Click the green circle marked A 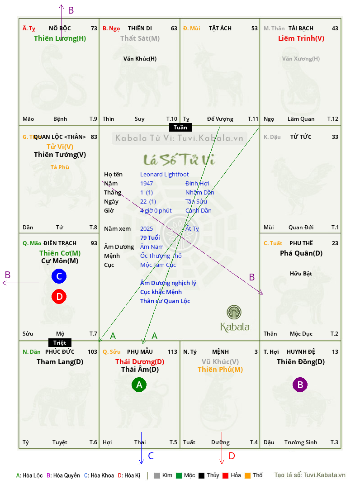[139, 384]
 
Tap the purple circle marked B [300, 384]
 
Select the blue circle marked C [59, 276]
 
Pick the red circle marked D [59, 296]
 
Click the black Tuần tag [180, 127]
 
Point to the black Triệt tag [60, 342]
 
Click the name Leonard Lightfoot [164, 175]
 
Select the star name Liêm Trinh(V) [301, 38]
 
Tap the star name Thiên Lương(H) [60, 38]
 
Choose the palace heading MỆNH [220, 352]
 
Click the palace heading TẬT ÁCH [220, 28]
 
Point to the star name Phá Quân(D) [301, 253]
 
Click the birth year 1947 [147, 183]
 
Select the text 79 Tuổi [150, 237]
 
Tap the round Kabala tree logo [234, 312]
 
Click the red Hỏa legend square [225, 475]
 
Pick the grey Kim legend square [157, 475]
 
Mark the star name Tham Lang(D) [60, 362]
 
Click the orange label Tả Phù [60, 167]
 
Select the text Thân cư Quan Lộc [165, 301]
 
